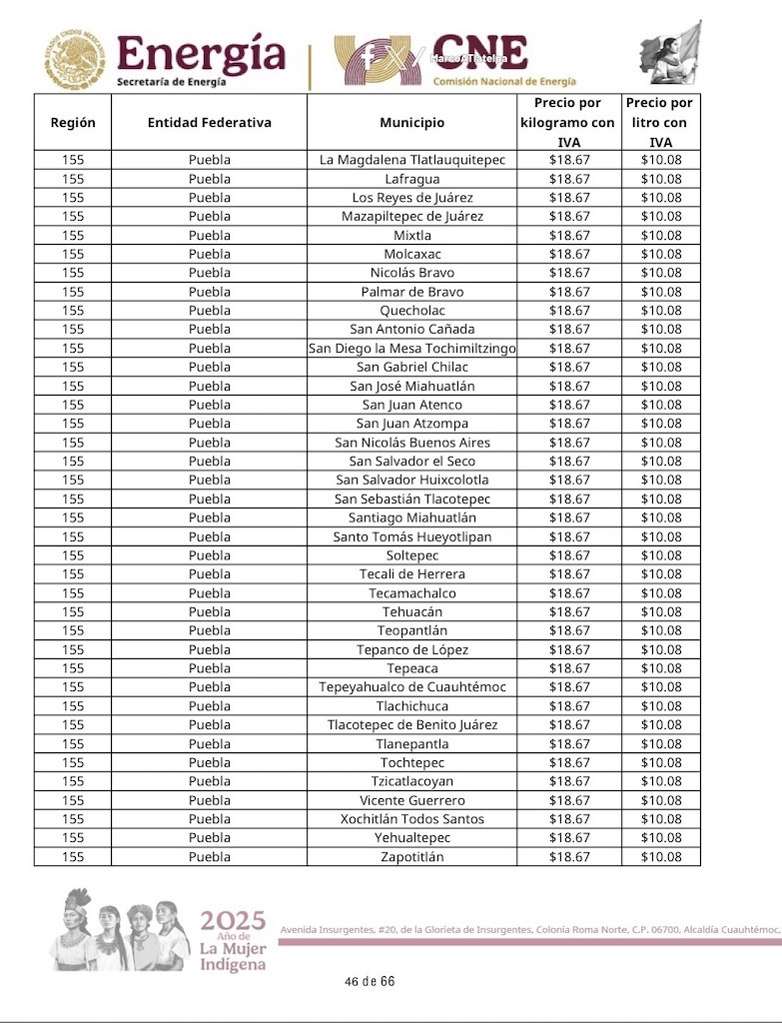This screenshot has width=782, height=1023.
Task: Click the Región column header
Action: [x=73, y=123]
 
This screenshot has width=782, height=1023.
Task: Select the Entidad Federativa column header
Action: [x=209, y=123]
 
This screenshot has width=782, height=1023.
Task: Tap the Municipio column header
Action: [x=411, y=123]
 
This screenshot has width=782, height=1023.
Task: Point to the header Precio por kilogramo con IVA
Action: [x=568, y=123]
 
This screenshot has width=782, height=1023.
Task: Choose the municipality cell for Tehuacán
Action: [x=411, y=611]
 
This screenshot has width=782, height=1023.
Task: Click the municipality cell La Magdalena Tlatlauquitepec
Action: [x=411, y=160]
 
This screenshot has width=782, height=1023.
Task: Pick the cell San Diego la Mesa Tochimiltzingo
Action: [x=411, y=349]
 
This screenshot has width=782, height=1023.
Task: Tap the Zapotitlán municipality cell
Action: [x=411, y=857]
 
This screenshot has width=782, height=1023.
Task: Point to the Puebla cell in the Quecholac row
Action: [x=209, y=311]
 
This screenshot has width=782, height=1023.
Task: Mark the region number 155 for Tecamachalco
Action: [x=73, y=593]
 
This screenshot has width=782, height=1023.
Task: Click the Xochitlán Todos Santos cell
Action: [x=411, y=819]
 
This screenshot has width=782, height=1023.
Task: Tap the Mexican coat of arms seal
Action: [x=74, y=59]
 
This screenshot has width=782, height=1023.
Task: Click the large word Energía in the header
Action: [x=201, y=54]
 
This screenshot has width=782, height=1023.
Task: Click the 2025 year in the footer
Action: [x=233, y=921]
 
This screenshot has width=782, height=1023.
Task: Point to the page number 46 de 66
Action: [x=370, y=981]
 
